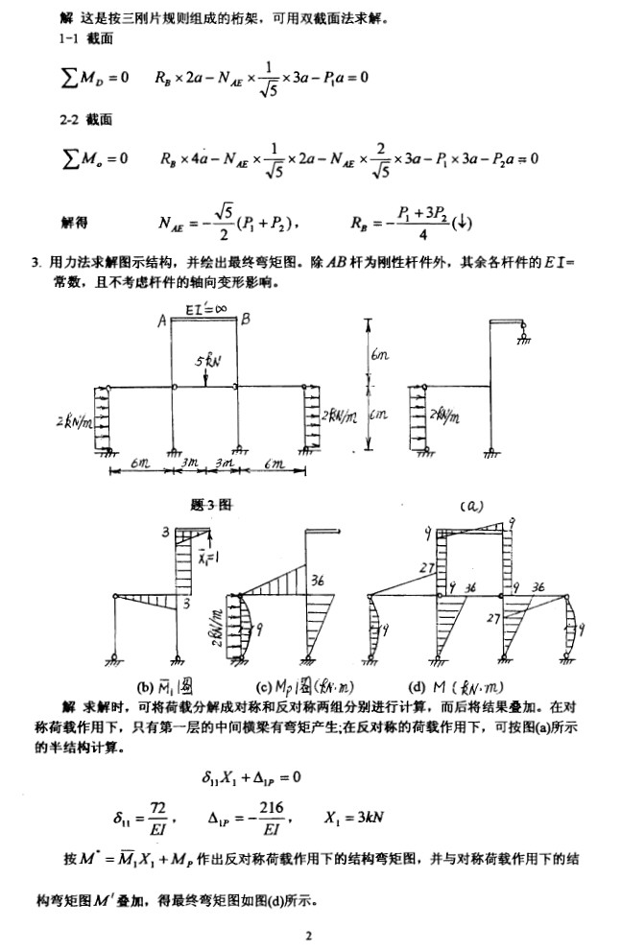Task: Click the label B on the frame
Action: point(246,321)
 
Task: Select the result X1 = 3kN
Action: point(355,818)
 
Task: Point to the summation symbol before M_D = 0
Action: point(69,78)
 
